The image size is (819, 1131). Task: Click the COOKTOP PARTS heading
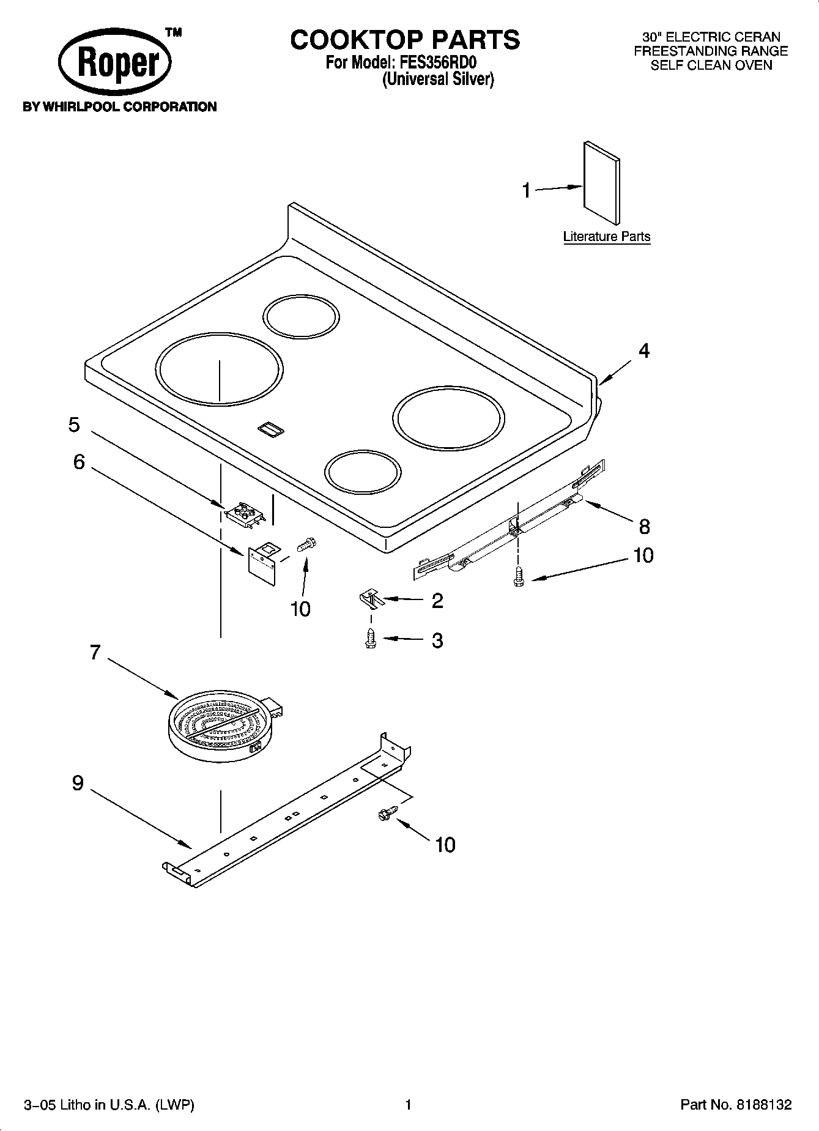(x=405, y=40)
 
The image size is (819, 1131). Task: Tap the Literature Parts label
(x=606, y=237)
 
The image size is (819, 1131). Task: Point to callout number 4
(x=643, y=350)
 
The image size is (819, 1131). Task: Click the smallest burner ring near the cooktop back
(x=301, y=317)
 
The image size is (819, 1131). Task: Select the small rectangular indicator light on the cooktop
(x=270, y=429)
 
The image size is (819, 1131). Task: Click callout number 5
(x=74, y=425)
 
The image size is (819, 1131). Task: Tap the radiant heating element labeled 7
(x=220, y=727)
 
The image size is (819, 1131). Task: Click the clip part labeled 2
(x=370, y=598)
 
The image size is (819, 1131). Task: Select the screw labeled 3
(x=369, y=639)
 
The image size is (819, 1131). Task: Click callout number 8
(x=643, y=526)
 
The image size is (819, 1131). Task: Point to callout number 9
(x=78, y=783)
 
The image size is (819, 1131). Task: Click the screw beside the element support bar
(x=386, y=813)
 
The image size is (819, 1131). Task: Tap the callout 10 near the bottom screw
(x=445, y=845)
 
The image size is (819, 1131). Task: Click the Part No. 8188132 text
(x=736, y=1104)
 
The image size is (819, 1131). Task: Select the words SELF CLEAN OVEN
(x=711, y=65)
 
